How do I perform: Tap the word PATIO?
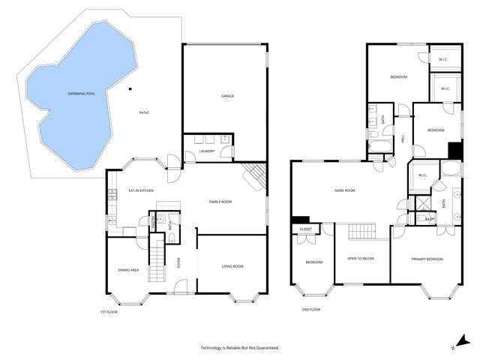(x=144, y=112)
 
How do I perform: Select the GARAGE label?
(x=228, y=96)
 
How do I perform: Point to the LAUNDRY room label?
(x=208, y=151)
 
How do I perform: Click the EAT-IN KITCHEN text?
(x=140, y=191)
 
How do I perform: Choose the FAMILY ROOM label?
(x=220, y=202)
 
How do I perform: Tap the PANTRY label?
(x=153, y=222)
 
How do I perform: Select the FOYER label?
(x=178, y=263)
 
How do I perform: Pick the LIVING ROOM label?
(x=232, y=266)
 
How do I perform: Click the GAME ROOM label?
(x=344, y=190)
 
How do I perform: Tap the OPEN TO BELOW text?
(x=361, y=259)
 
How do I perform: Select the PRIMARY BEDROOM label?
(x=427, y=259)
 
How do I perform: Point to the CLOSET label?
(x=306, y=229)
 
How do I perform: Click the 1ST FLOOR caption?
(x=109, y=311)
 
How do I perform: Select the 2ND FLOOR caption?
(x=310, y=309)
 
